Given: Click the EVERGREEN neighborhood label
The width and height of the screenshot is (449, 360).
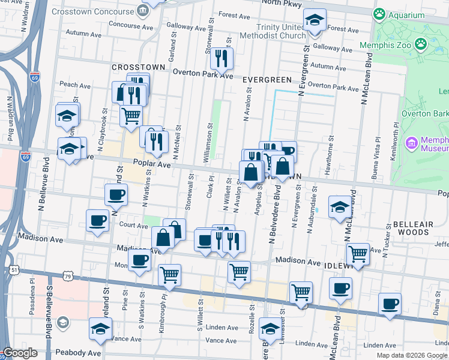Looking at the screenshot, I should click(267, 79).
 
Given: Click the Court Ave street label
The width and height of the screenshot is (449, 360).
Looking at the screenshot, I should click(133, 226).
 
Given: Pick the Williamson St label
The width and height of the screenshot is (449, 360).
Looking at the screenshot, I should click(211, 143).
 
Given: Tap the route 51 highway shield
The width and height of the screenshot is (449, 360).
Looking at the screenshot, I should click(13, 271).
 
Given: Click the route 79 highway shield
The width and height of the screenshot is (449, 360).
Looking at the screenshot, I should click(69, 277).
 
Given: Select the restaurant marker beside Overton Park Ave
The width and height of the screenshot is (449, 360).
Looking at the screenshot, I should click(221, 58).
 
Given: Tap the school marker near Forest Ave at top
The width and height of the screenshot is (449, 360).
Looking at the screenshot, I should click(315, 20).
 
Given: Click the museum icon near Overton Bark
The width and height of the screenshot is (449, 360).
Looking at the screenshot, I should click(412, 143).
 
